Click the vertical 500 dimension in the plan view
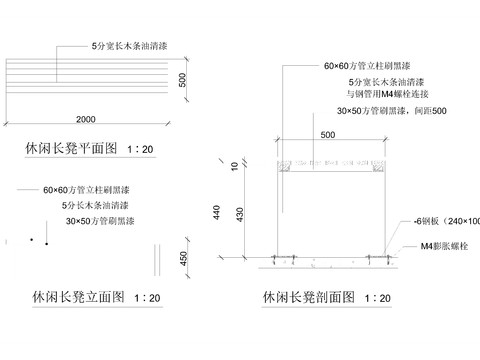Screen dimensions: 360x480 (183, 79)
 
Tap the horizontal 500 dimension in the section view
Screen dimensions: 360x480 (328, 135)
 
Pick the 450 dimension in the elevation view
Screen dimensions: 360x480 (183, 259)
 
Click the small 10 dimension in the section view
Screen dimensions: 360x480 (236, 165)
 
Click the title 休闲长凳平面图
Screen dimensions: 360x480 (70, 149)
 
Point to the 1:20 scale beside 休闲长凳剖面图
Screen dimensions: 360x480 (377, 298)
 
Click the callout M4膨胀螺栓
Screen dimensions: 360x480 (444, 245)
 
